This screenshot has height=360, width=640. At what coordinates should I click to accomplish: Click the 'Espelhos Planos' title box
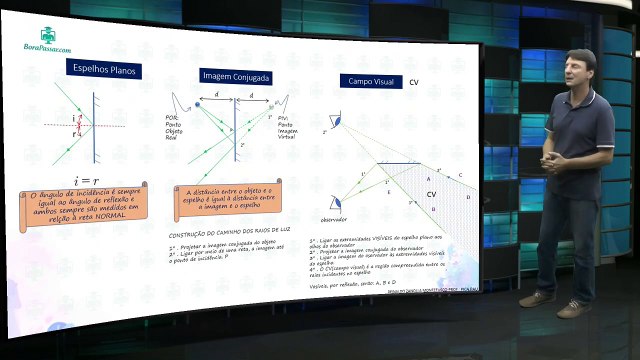tap(105, 70)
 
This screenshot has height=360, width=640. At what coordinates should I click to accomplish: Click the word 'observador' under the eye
tap(333, 218)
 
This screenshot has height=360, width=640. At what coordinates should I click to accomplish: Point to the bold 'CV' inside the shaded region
tap(431, 193)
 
